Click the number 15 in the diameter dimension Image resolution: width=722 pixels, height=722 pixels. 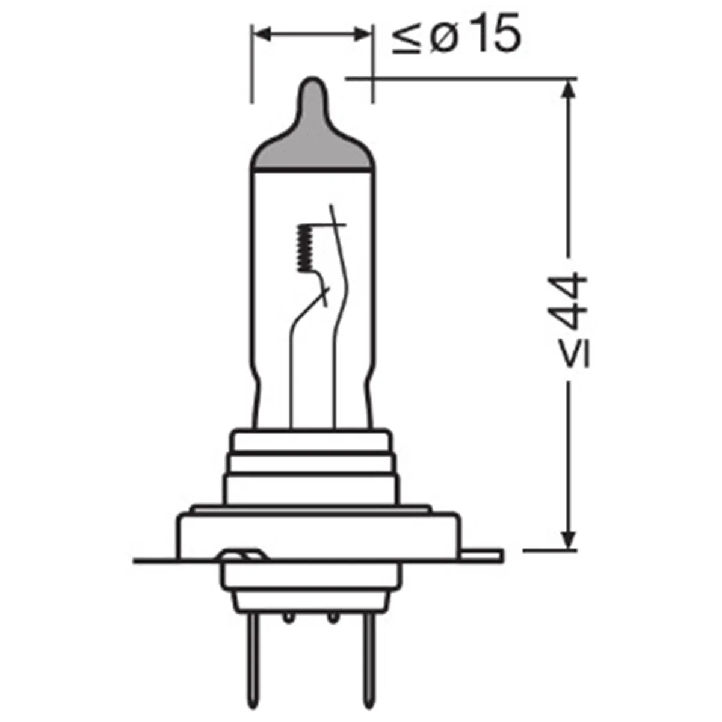496,33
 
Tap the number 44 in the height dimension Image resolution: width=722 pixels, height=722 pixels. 570,300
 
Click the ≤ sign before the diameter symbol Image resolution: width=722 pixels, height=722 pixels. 406,39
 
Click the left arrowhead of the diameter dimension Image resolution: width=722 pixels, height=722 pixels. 262,34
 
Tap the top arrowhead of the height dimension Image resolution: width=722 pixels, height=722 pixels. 569,89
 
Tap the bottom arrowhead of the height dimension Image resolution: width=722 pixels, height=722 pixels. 569,540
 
